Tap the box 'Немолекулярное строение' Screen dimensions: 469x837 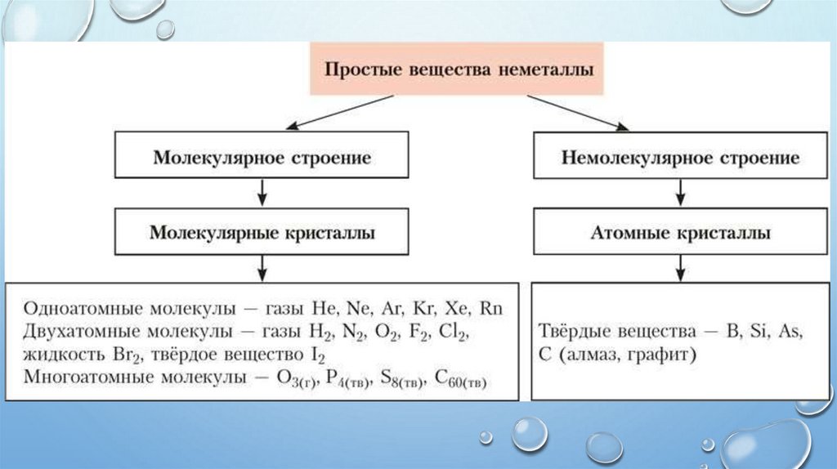678,156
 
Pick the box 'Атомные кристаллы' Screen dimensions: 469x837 678,232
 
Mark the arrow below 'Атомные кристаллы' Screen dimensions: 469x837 678,268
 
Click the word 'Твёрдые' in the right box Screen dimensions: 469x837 575,333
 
